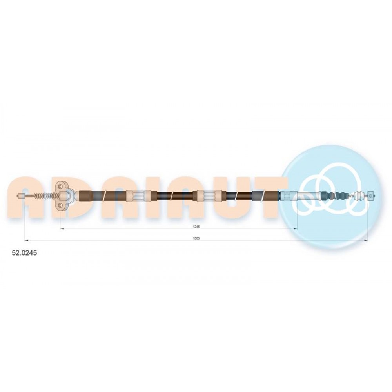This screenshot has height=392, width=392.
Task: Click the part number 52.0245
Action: click(x=24, y=253)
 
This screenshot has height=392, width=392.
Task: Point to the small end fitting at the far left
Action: click(x=21, y=196)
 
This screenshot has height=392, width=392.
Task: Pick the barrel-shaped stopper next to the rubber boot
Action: click(x=360, y=195)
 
